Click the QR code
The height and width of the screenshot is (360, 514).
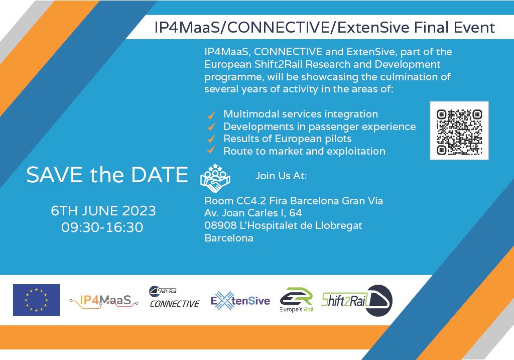click(459, 131)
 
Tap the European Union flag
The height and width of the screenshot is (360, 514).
click(37, 300)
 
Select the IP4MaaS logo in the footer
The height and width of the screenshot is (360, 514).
click(104, 301)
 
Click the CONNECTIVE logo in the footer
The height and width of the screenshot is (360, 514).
click(174, 297)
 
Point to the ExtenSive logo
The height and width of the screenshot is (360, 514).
click(240, 301)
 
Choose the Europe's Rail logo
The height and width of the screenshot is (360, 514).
click(296, 300)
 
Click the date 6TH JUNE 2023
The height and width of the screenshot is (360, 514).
click(103, 210)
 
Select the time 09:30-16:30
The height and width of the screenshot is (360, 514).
click(102, 227)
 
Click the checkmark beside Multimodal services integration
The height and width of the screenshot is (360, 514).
click(212, 114)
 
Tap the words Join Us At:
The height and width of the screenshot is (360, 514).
click(281, 176)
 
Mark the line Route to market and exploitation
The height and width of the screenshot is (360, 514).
click(304, 151)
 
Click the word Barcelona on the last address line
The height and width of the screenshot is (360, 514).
click(229, 238)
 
